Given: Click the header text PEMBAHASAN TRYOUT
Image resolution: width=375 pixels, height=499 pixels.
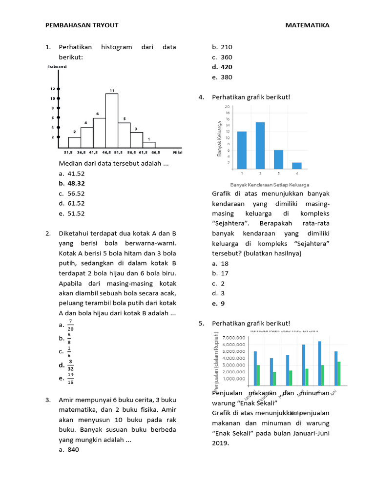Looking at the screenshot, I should [82, 25].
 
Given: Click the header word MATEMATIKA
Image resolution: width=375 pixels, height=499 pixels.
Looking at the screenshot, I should [307, 25].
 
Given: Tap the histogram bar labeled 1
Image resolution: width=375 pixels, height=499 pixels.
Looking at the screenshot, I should [149, 144].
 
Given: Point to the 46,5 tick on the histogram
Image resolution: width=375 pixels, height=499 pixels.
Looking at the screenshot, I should [106, 152].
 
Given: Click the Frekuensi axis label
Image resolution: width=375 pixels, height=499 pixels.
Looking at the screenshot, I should [57, 67].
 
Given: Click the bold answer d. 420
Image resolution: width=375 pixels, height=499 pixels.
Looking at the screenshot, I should [222, 67].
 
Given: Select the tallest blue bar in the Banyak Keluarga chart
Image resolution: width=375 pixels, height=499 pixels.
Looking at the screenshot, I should [260, 145].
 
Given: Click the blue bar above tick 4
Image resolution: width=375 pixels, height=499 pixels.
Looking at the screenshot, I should [297, 166].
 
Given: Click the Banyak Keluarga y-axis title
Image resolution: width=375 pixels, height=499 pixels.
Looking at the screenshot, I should [220, 138].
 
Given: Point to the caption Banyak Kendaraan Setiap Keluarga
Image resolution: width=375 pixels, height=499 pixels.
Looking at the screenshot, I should [270, 185].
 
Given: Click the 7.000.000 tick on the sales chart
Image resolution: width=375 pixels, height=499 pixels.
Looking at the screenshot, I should [234, 338].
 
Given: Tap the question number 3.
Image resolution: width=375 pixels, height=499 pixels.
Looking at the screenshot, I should [48, 400].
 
